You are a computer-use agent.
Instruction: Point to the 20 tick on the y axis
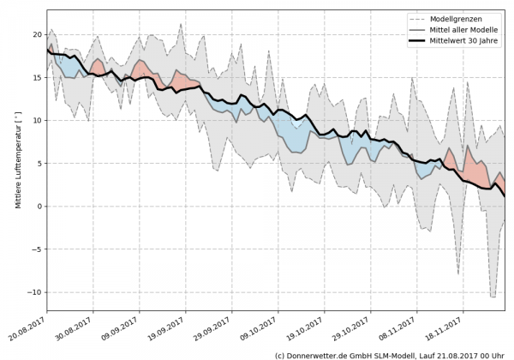[37, 34]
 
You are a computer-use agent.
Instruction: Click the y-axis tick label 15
[37, 77]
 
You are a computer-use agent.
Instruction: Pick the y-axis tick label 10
[37, 120]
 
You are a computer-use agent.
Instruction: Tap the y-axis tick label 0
[39, 206]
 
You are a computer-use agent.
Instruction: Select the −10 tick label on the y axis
[35, 291]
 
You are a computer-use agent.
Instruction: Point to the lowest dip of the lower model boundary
[493, 297]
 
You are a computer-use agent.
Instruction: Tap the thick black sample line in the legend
[421, 40]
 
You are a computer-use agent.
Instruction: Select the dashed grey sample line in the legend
[421, 18]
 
